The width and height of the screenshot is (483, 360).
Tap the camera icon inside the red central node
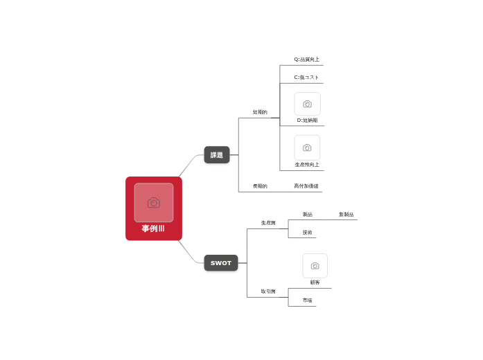(x=154, y=202)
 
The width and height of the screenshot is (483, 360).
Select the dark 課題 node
(x=217, y=155)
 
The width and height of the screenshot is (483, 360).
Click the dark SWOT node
(x=221, y=263)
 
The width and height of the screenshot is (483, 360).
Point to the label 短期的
(x=260, y=112)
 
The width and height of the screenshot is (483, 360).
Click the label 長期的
(x=260, y=186)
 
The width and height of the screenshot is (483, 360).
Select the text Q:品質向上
(x=307, y=60)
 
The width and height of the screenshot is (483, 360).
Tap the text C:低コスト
(x=306, y=78)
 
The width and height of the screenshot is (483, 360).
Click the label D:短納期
(x=307, y=120)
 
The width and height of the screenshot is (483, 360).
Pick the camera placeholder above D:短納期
(x=307, y=104)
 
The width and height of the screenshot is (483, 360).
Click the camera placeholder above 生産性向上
(x=307, y=147)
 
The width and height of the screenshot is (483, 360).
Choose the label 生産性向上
(x=307, y=165)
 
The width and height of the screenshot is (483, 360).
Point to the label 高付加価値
(x=306, y=186)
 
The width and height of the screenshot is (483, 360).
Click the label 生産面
(x=268, y=223)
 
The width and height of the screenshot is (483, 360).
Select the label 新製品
(x=346, y=215)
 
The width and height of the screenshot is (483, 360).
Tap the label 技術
(x=307, y=233)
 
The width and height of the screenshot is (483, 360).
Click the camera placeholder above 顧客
(x=315, y=266)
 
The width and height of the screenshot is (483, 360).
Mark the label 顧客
(x=315, y=282)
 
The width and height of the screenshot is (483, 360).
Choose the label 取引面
(x=268, y=291)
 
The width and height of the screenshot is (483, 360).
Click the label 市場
(x=307, y=300)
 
